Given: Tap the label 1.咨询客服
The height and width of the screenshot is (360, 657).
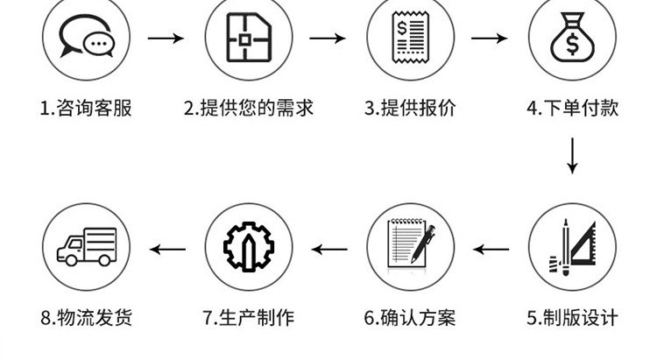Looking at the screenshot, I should (x=86, y=109).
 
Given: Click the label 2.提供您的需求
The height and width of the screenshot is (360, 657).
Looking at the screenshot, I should (x=249, y=109).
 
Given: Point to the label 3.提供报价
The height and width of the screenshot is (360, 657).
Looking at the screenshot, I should (x=410, y=109).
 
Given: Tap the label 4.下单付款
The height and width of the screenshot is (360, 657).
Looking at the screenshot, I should (x=572, y=109).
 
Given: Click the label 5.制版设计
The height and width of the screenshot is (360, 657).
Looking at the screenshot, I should (x=572, y=317).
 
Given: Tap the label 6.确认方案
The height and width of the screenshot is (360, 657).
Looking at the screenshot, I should (x=410, y=317).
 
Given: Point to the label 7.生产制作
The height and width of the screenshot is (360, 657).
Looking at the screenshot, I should (x=249, y=317).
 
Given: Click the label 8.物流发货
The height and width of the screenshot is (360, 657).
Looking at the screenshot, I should (x=86, y=317).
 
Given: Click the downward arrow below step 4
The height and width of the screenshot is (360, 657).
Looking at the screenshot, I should (x=572, y=156).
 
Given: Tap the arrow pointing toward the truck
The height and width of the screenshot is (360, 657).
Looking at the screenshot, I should (x=167, y=249).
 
